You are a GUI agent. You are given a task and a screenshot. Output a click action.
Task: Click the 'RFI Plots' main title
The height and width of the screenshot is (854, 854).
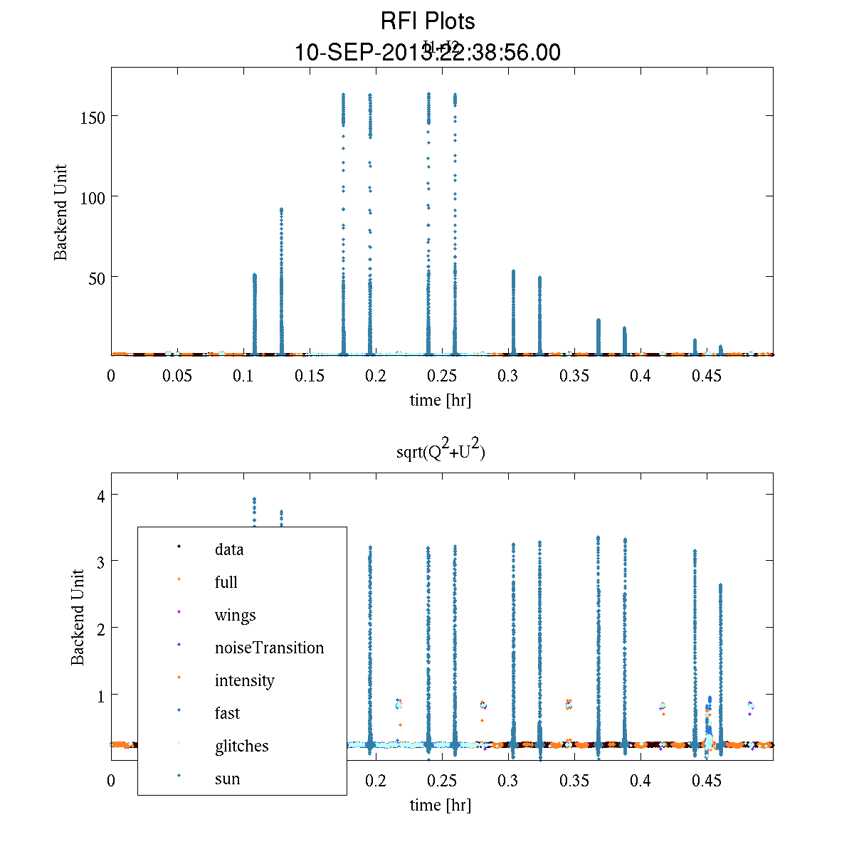pyautogui.click(x=428, y=21)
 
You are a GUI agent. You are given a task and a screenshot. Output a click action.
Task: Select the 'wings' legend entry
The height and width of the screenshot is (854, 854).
pyautogui.click(x=235, y=615)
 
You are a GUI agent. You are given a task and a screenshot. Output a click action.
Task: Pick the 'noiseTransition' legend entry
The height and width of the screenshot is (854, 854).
pyautogui.click(x=269, y=648)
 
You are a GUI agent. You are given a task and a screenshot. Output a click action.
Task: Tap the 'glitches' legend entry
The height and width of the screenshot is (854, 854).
pyautogui.click(x=241, y=746)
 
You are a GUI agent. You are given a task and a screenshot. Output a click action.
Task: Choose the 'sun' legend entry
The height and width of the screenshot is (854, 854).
pyautogui.click(x=227, y=779)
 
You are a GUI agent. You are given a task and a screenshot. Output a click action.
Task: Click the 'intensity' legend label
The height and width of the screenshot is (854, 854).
pyautogui.click(x=244, y=680)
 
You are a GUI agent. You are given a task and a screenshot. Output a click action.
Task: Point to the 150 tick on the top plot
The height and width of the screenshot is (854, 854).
pyautogui.click(x=93, y=117)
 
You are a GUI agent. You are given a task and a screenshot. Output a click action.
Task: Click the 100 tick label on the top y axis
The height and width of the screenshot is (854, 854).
pyautogui.click(x=93, y=197)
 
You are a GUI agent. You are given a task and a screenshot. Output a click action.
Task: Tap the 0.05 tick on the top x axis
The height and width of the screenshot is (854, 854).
pyautogui.click(x=177, y=376)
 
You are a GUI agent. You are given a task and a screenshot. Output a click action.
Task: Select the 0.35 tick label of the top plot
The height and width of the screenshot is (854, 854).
pyautogui.click(x=574, y=376)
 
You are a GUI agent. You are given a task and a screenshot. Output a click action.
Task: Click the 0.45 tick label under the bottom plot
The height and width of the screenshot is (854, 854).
pyautogui.click(x=707, y=781)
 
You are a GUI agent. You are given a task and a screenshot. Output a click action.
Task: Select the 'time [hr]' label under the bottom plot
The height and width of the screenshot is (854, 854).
pyautogui.click(x=440, y=805)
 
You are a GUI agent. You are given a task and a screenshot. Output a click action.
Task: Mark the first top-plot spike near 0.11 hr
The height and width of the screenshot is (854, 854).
pyautogui.click(x=255, y=313)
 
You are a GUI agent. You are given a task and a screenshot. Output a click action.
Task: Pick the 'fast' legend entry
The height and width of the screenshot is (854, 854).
pyautogui.click(x=227, y=713)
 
